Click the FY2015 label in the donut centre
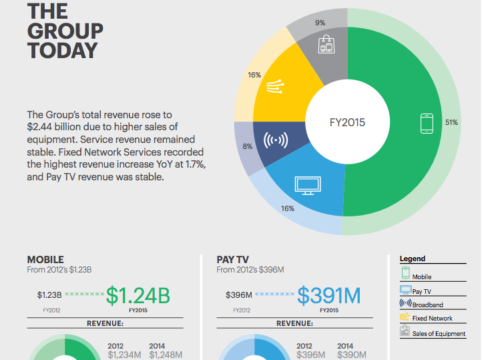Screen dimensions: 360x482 [347, 123]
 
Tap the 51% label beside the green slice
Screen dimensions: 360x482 [452, 123]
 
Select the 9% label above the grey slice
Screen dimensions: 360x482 [320, 23]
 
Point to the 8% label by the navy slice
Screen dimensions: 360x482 [248, 146]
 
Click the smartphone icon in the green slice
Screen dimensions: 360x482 [427, 124]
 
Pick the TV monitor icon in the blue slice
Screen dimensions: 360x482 [308, 185]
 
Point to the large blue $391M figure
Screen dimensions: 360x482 [328, 295]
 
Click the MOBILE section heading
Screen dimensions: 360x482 [45, 260]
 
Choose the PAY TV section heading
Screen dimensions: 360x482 [234, 260]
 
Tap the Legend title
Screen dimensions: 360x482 [413, 258]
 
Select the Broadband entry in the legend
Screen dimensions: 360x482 [427, 305]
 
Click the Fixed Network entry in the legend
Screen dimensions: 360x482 [432, 319]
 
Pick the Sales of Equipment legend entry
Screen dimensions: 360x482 [439, 333]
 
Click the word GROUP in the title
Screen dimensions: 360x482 [65, 31]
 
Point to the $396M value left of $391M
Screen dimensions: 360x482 [239, 295]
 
